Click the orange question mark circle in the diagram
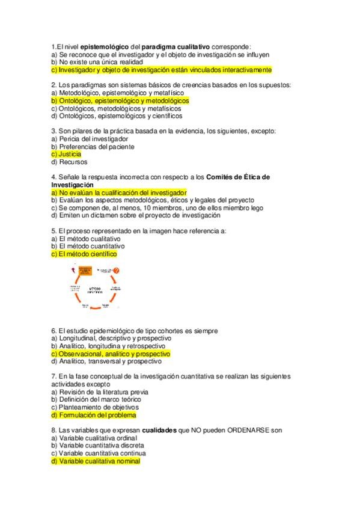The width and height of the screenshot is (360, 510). (x=117, y=271)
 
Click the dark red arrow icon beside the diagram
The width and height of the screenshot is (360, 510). (x=72, y=271)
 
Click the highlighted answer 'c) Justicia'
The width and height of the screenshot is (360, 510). (x=66, y=154)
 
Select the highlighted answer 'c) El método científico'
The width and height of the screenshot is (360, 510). (x=84, y=254)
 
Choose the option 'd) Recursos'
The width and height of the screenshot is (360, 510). (x=69, y=162)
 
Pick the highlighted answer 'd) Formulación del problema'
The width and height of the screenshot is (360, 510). (x=94, y=415)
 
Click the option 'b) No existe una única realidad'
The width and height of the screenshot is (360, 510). (x=97, y=62)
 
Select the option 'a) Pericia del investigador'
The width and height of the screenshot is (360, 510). (x=90, y=139)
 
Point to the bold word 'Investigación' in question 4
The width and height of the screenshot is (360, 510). (x=75, y=185)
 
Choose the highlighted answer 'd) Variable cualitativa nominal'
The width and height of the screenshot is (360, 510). (x=96, y=461)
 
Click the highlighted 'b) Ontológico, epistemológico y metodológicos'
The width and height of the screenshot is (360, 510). (x=120, y=101)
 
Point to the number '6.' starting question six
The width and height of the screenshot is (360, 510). (x=54, y=331)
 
